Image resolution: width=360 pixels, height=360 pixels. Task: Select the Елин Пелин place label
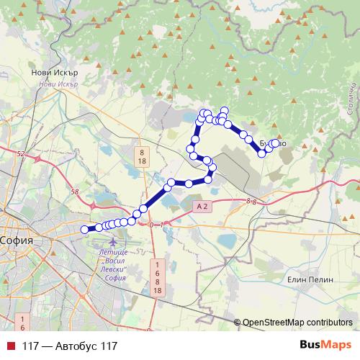(x=307, y=279)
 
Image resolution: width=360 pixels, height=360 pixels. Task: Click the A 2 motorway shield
(x=202, y=206)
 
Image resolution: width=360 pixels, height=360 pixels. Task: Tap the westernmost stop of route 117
(x=84, y=230)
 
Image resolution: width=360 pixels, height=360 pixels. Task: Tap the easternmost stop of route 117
(x=276, y=143)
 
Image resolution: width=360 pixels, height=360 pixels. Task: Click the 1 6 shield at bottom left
(x=22, y=322)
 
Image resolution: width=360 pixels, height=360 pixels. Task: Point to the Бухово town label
(x=272, y=144)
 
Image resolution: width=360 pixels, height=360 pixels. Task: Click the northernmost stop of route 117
(x=224, y=110)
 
